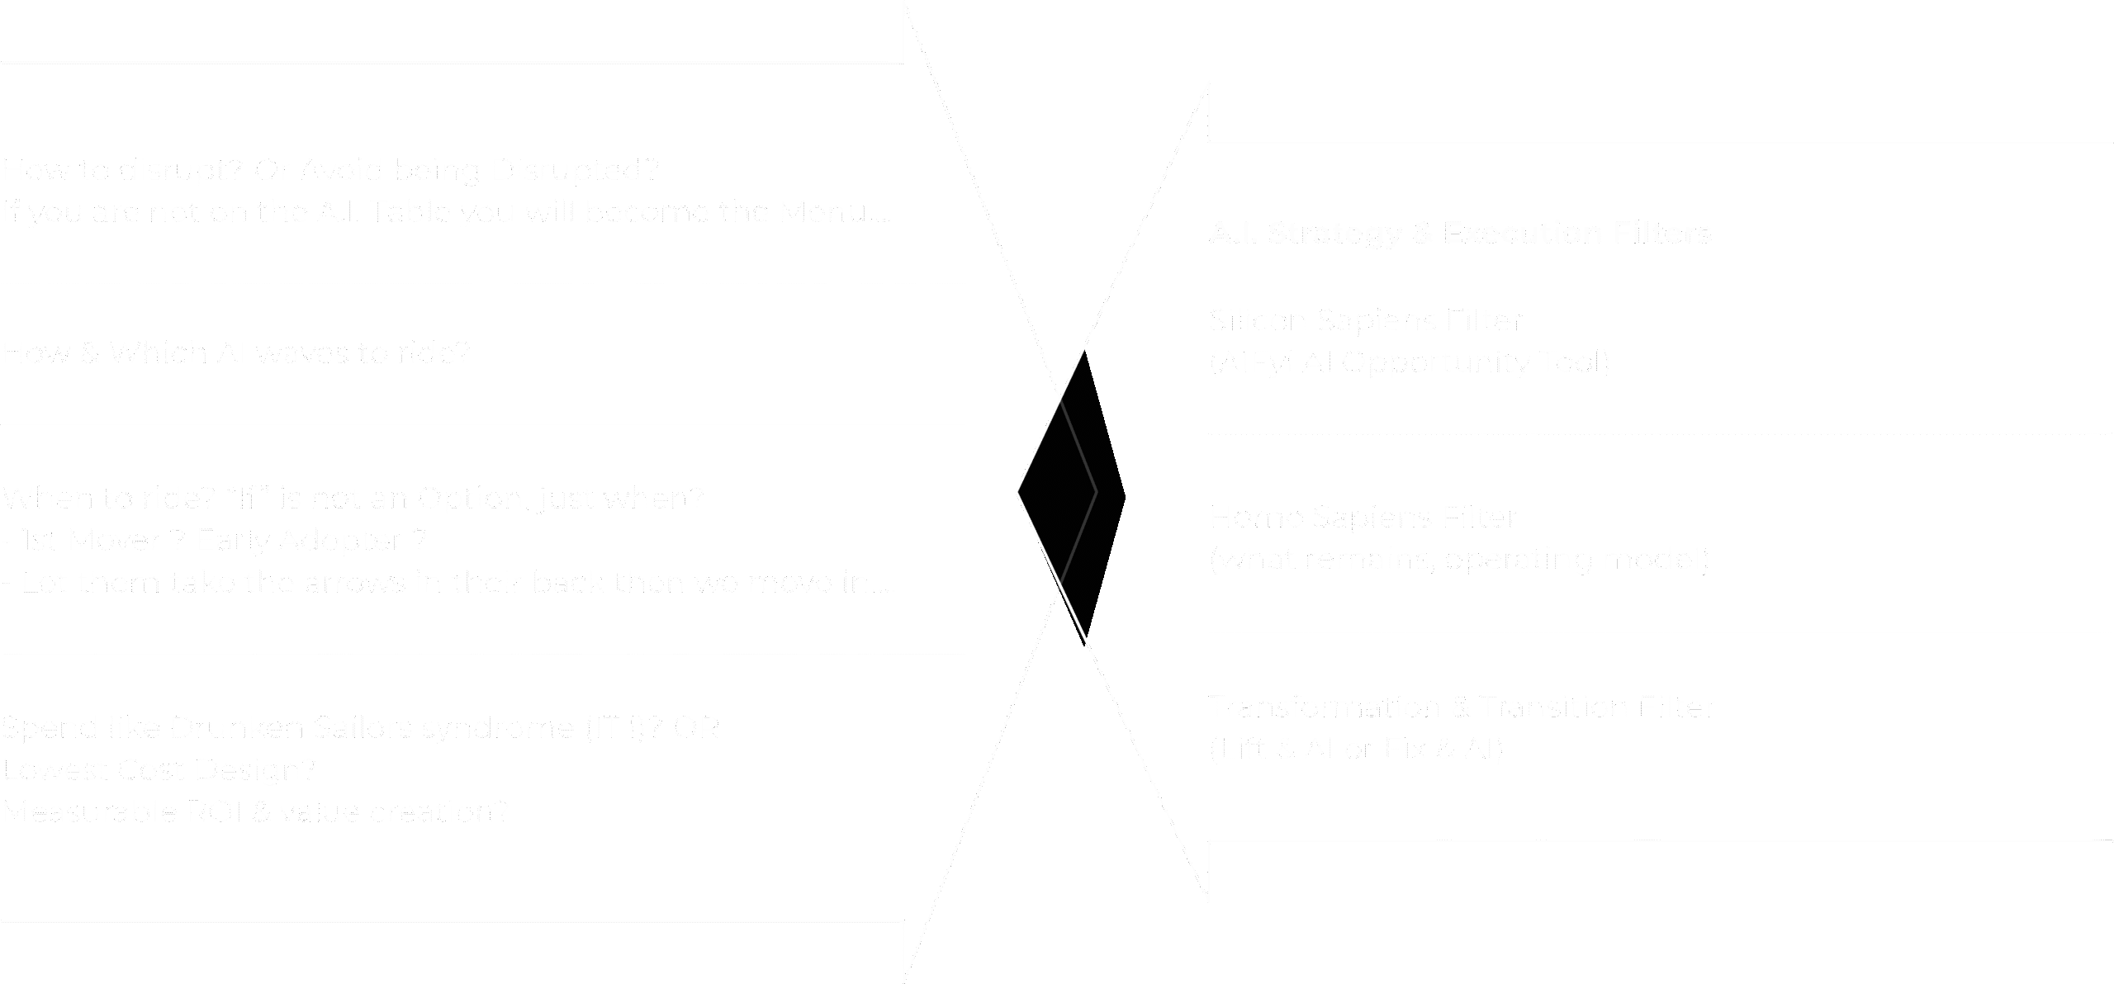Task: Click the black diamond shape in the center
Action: [x=1071, y=495]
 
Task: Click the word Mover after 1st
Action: [x=107, y=542]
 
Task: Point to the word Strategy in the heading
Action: [x=1332, y=234]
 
